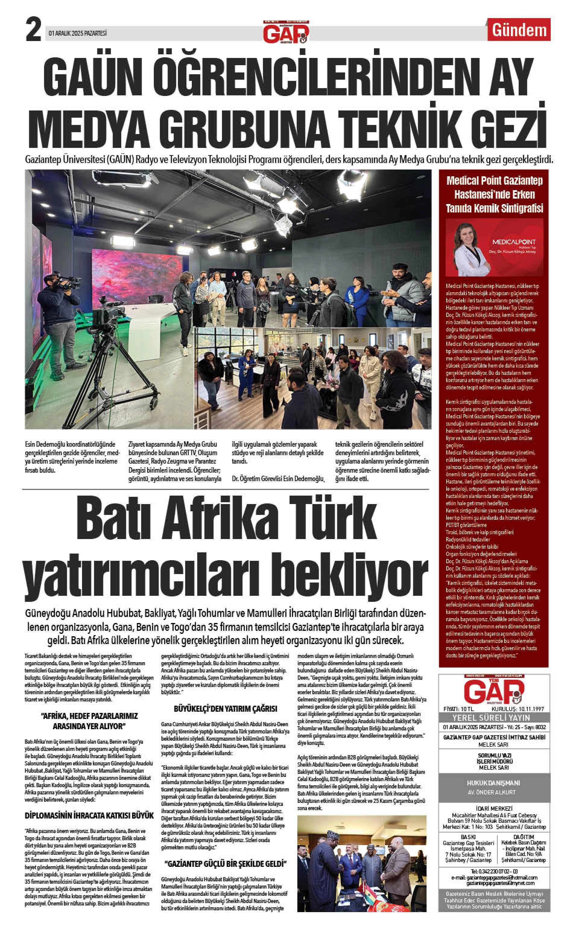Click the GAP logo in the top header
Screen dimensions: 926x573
(286, 32)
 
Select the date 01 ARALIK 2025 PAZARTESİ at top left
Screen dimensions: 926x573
(78, 34)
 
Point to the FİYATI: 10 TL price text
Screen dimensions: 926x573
(458, 709)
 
